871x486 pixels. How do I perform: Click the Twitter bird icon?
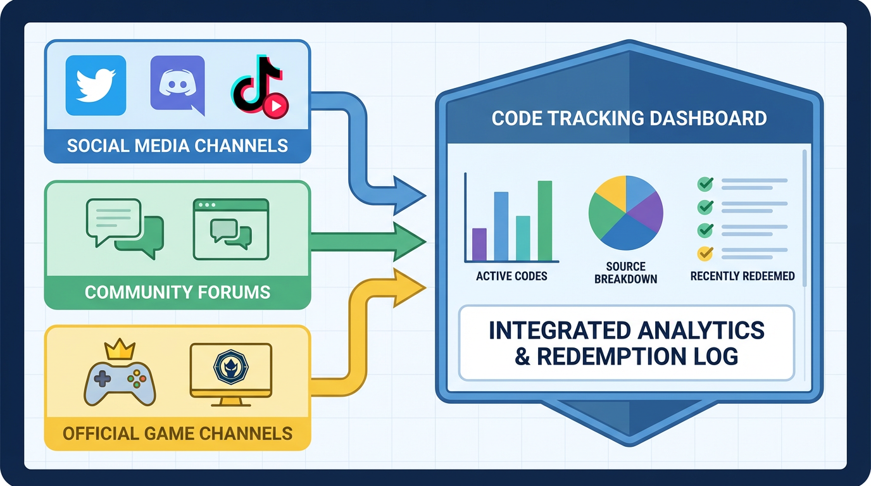pyautogui.click(x=96, y=85)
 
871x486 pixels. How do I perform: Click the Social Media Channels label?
pyautogui.click(x=177, y=146)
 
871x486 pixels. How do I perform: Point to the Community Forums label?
pyautogui.click(x=177, y=292)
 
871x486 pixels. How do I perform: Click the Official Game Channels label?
pyautogui.click(x=177, y=433)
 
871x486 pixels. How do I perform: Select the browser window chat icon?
pyautogui.click(x=231, y=229)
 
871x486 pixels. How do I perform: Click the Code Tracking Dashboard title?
pyautogui.click(x=629, y=118)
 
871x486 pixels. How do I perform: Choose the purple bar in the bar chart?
pyautogui.click(x=479, y=244)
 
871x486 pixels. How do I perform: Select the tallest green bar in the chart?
pyautogui.click(x=545, y=220)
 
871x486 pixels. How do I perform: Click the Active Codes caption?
pyautogui.click(x=511, y=277)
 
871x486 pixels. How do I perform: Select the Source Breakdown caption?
pyautogui.click(x=625, y=273)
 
